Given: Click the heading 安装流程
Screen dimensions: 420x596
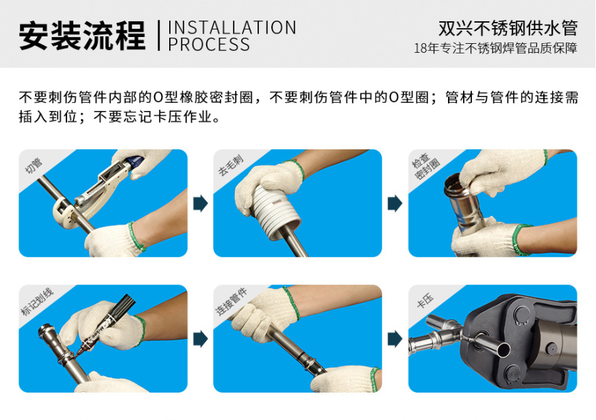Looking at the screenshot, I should pyautogui.click(x=82, y=36).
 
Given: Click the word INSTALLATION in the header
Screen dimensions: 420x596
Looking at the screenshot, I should pyautogui.click(x=232, y=27).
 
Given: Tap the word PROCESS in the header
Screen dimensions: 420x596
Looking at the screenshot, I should pyautogui.click(x=209, y=45).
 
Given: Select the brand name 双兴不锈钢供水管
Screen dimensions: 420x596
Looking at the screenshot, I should pyautogui.click(x=508, y=28).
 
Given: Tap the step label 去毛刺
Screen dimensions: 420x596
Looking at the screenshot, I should pyautogui.click(x=227, y=165).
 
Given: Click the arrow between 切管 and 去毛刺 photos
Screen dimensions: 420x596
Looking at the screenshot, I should pyautogui.click(x=201, y=203).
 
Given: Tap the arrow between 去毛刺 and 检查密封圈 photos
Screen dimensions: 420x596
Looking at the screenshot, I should pyautogui.click(x=395, y=203).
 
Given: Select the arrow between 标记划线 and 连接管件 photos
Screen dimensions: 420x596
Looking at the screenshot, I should pyautogui.click(x=201, y=338).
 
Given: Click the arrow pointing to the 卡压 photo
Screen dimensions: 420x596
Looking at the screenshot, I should pyautogui.click(x=395, y=338).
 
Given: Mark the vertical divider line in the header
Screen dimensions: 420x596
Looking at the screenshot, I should pyautogui.click(x=159, y=36).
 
